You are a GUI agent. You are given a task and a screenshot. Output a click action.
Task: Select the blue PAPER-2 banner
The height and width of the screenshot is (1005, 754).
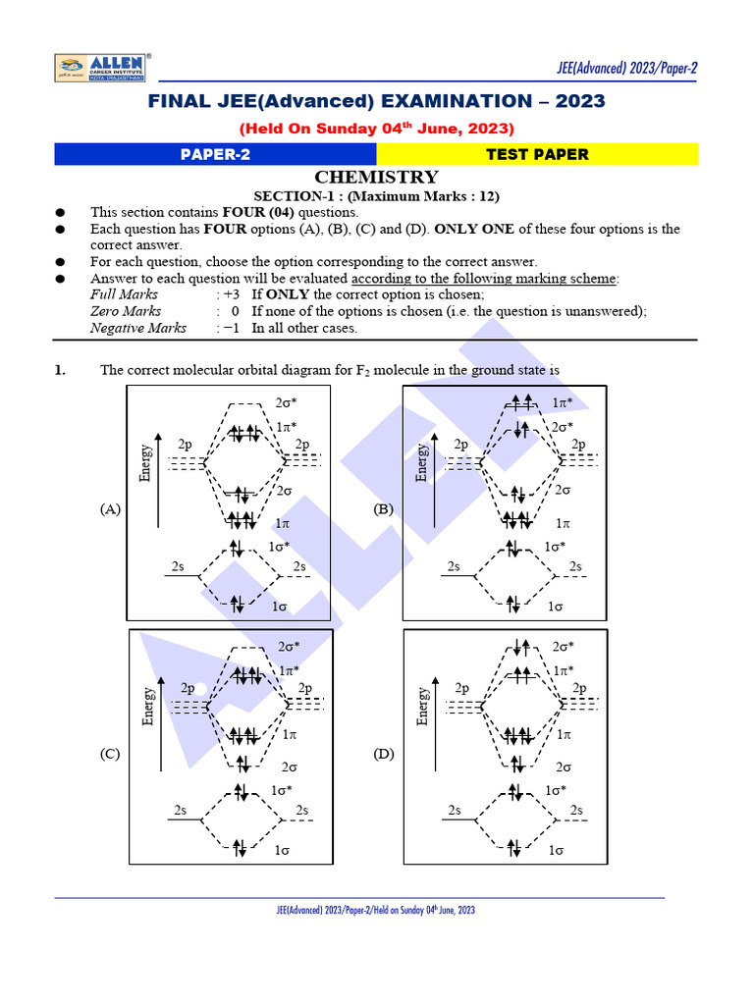click(x=215, y=154)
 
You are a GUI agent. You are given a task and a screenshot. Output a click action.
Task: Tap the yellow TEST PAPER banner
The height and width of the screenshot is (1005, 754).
click(x=537, y=154)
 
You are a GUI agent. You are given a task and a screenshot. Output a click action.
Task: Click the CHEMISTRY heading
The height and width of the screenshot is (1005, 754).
click(x=376, y=177)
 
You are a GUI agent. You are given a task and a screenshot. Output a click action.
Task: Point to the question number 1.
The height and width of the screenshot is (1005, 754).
click(x=60, y=370)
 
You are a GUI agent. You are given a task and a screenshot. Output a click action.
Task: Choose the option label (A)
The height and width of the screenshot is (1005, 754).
click(x=110, y=509)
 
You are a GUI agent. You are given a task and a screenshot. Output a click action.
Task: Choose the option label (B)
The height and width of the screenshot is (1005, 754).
click(x=384, y=509)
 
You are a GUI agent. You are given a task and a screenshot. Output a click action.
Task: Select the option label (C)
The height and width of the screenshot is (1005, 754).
click(x=110, y=754)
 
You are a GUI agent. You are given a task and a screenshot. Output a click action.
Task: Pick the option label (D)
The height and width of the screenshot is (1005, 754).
click(x=384, y=754)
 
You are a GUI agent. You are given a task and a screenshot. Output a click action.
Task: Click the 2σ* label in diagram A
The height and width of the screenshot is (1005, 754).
click(x=287, y=402)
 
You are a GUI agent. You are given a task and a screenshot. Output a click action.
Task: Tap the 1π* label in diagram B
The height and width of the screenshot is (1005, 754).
click(x=563, y=402)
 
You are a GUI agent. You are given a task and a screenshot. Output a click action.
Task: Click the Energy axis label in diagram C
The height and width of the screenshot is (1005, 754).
click(x=148, y=706)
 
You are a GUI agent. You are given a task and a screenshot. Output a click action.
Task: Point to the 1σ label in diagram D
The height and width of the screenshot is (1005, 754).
click(x=557, y=850)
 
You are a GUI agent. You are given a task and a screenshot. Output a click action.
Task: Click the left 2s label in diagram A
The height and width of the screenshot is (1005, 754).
click(x=178, y=566)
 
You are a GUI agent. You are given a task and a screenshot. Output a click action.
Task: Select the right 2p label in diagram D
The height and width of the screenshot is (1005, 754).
click(x=580, y=689)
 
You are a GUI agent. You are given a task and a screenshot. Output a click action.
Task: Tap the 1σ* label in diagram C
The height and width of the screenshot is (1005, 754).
click(x=281, y=790)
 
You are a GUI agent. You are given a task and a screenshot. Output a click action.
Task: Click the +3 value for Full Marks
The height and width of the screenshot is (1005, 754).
click(x=232, y=294)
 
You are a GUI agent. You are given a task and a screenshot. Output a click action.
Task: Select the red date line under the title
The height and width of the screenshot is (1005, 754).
click(x=376, y=129)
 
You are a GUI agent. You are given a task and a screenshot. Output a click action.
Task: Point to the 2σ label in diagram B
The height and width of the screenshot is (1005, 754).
click(x=563, y=490)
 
